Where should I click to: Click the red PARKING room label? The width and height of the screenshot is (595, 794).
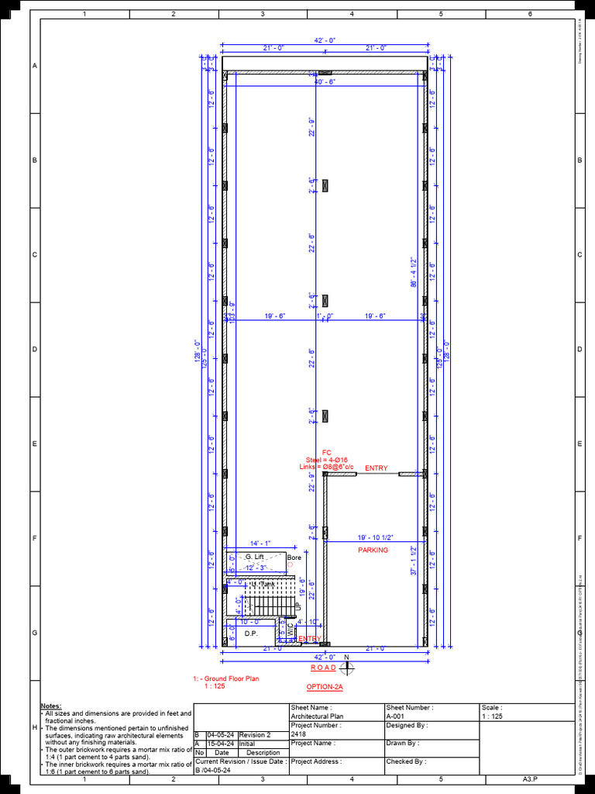(x=373, y=550)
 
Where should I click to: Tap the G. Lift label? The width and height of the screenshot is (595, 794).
(x=254, y=557)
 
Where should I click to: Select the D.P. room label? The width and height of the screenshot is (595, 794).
(x=250, y=633)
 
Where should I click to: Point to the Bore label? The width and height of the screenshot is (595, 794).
(x=294, y=558)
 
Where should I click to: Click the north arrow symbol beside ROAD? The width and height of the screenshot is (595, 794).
(x=347, y=666)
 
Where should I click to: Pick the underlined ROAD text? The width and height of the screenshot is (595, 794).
(x=323, y=668)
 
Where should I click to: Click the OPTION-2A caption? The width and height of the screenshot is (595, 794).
(x=325, y=687)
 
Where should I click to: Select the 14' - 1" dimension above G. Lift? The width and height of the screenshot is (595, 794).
(x=260, y=544)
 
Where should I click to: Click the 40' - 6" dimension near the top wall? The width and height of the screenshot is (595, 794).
(x=325, y=81)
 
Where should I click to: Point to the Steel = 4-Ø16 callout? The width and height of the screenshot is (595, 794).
(x=326, y=460)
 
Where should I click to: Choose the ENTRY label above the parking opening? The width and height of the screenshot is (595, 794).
(x=377, y=468)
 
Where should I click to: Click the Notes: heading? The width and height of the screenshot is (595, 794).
(x=50, y=706)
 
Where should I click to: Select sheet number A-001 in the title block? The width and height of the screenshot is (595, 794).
(x=397, y=717)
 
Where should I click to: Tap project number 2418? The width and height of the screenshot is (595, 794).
(x=299, y=734)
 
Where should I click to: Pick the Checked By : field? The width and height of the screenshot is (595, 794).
(x=406, y=761)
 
